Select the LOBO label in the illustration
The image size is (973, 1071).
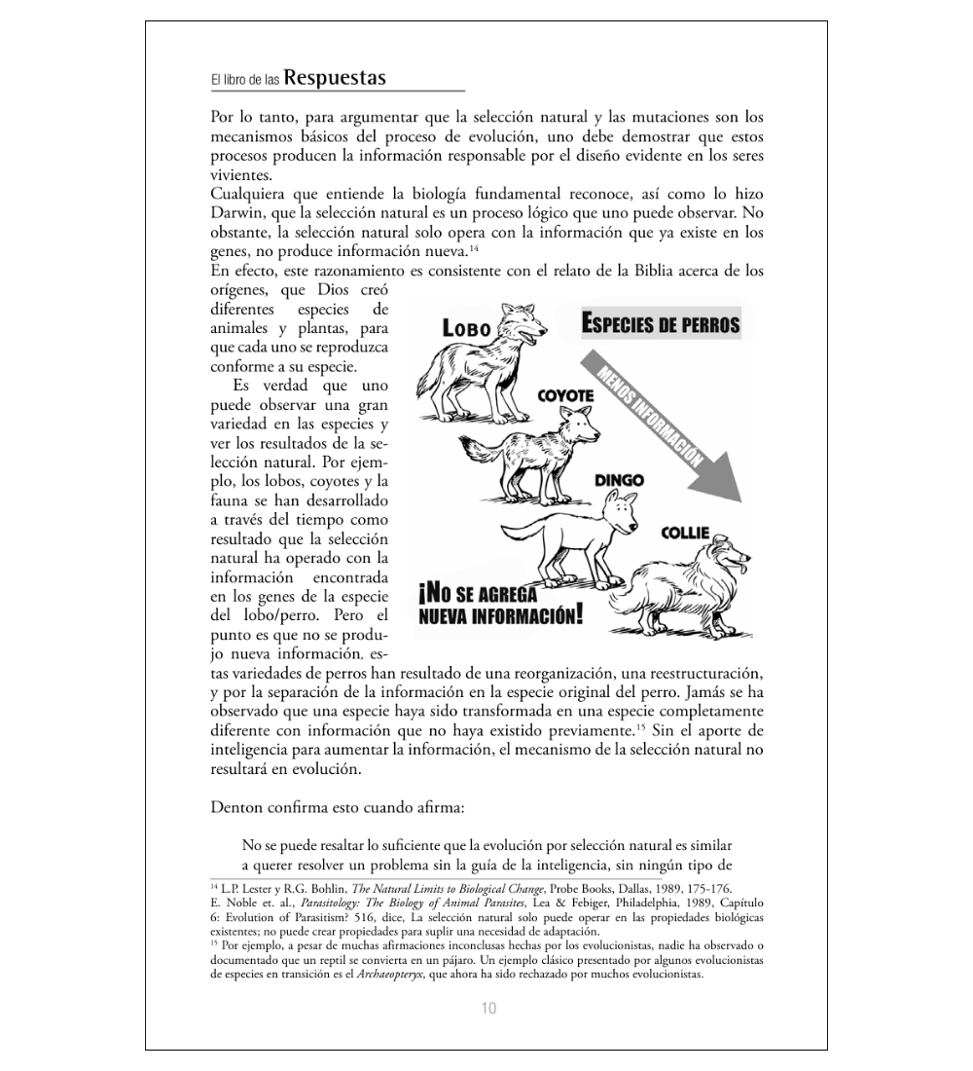click(466, 328)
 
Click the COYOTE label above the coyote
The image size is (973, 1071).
click(565, 397)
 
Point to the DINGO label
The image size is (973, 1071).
click(619, 480)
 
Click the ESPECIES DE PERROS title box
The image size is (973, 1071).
click(660, 324)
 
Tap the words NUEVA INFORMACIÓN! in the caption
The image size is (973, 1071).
click(502, 615)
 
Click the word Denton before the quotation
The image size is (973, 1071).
click(236, 806)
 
